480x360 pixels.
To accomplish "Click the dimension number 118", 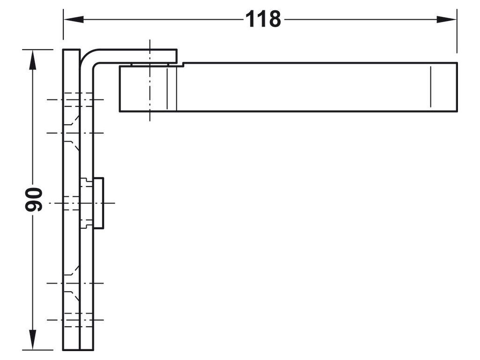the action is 262,20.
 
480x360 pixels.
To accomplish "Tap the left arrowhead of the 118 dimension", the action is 70,20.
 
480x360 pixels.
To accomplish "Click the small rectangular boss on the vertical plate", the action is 98,202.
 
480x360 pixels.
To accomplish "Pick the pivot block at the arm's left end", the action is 148,89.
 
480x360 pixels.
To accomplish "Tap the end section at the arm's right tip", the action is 443,87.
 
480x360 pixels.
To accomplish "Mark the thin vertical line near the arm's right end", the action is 429,87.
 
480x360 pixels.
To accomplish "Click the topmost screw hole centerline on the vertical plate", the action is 75,99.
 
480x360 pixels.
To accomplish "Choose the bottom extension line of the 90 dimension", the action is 42,350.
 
